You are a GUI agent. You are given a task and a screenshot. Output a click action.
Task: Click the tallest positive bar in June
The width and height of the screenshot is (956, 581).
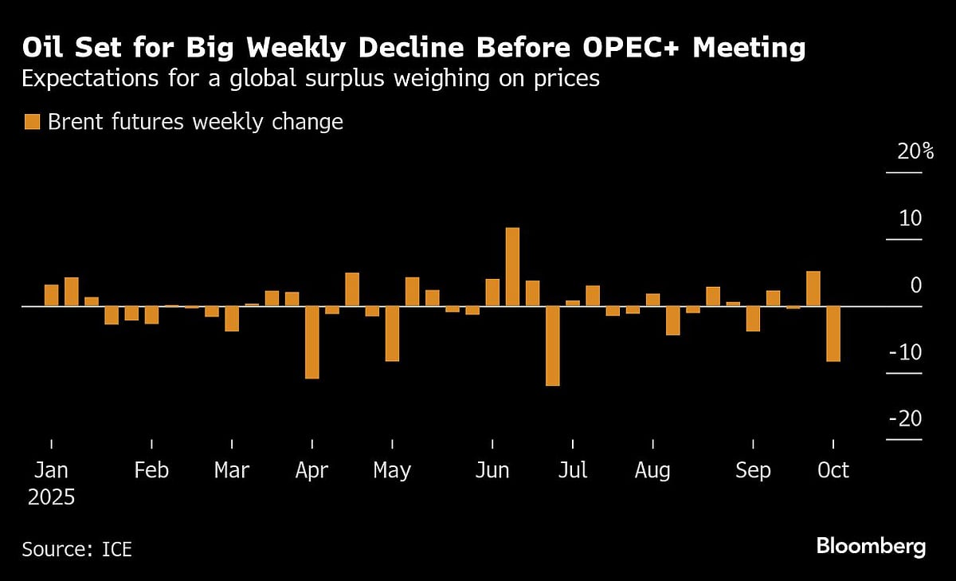tap(512, 266)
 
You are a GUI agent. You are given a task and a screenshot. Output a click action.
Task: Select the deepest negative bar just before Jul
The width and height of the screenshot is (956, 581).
tap(552, 346)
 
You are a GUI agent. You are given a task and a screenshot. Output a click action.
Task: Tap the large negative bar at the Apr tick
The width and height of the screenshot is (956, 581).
tap(311, 342)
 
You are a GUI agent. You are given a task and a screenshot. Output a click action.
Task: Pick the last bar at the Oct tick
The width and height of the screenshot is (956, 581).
tap(833, 334)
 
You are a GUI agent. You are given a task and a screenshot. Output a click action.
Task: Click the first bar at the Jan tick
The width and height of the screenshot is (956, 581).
tap(51, 295)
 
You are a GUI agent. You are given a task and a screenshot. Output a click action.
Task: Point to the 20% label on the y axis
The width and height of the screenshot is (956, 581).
tap(915, 151)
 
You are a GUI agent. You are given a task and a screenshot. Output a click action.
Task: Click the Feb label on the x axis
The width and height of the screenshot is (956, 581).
tap(151, 471)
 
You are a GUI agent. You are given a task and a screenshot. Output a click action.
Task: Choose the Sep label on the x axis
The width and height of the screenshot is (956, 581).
tap(753, 471)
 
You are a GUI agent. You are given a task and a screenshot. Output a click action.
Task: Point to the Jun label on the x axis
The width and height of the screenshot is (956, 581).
tap(492, 471)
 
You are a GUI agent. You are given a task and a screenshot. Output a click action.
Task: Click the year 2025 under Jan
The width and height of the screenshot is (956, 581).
tap(51, 498)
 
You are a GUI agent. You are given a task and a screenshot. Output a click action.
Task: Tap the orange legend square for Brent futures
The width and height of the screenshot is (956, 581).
tap(32, 122)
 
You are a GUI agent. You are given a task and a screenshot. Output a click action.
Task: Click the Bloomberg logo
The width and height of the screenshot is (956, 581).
tap(871, 547)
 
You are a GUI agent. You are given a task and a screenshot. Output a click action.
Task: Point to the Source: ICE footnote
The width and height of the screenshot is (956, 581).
tap(76, 549)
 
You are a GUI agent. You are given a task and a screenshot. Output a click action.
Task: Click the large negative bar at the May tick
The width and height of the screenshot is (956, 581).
tap(392, 333)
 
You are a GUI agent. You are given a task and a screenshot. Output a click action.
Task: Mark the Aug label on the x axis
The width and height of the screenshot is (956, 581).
tap(652, 471)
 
